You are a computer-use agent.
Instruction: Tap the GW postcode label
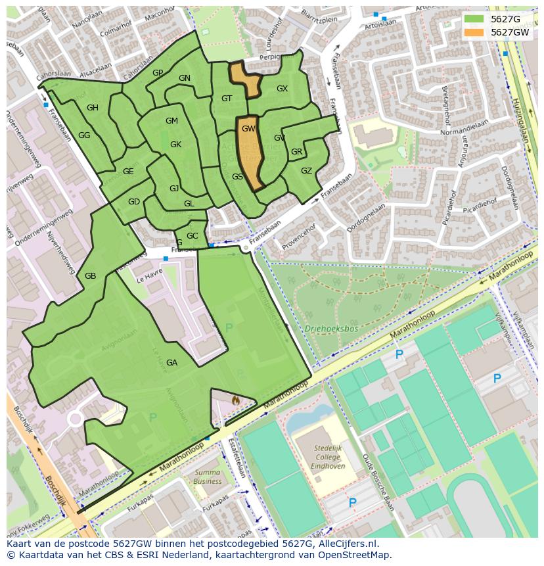248,129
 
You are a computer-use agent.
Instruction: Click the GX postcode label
282,89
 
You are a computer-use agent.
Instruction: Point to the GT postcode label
227,99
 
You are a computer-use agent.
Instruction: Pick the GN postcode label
185,78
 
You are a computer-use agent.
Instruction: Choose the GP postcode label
158,73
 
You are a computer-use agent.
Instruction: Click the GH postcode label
93,108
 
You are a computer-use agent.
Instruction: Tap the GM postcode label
171,121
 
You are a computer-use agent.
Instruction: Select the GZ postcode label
306,171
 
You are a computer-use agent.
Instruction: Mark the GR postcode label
296,152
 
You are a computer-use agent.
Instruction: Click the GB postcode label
91,276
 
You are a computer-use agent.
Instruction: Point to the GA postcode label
171,363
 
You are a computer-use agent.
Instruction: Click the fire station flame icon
236,398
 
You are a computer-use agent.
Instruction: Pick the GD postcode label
134,202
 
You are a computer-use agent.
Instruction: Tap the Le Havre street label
150,279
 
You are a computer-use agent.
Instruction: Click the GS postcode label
237,177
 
